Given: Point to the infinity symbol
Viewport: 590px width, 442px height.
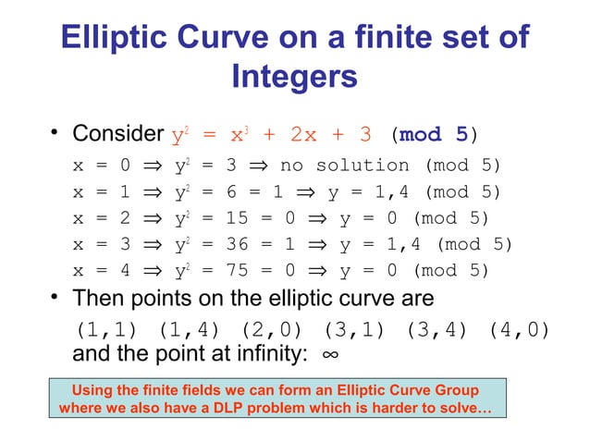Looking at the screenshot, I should click(x=328, y=356).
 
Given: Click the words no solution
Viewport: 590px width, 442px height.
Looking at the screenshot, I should click(x=344, y=166).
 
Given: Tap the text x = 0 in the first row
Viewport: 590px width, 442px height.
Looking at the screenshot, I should click(x=97, y=166).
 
